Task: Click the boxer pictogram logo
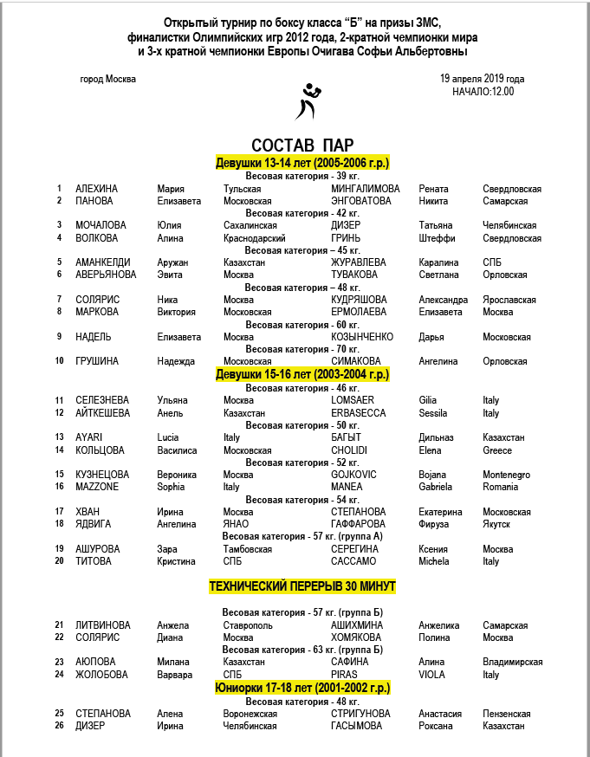point(308,103)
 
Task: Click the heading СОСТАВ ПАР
point(301,145)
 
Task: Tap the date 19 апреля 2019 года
point(482,78)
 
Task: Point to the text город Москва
point(107,79)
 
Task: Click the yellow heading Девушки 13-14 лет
point(302,163)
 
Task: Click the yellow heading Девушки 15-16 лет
point(302,374)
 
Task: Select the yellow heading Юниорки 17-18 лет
point(302,688)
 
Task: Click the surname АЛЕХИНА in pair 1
point(96,188)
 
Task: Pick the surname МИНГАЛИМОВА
point(366,188)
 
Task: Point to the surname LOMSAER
point(352,400)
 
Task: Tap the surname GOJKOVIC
point(354,475)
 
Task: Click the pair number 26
point(59,726)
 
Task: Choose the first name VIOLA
point(431,675)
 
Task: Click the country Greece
point(497,450)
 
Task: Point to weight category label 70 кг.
point(302,349)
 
